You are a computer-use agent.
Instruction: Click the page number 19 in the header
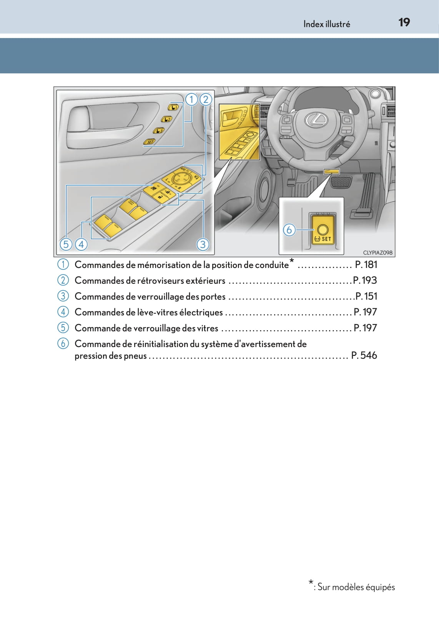tap(404, 23)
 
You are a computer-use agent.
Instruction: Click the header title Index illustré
tap(326, 24)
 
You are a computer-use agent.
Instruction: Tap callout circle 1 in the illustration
tap(191, 100)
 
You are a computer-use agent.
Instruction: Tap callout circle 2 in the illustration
tap(206, 100)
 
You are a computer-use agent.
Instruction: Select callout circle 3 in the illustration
tap(203, 244)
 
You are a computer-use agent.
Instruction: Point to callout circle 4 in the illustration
tap(81, 244)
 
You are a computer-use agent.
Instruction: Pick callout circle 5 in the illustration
tap(66, 244)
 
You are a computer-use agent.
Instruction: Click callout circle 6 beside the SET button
tap(289, 230)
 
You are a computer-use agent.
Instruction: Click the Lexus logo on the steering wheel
tap(316, 120)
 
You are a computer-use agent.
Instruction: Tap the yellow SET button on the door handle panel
tap(150, 142)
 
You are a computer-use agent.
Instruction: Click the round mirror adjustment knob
tap(181, 177)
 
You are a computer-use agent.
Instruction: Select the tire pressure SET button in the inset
tap(322, 231)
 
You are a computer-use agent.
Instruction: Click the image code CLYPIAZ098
tap(378, 253)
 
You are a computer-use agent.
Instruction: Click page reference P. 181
tap(366, 265)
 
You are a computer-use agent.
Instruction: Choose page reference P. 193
tap(365, 280)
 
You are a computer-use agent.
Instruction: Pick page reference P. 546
tap(364, 356)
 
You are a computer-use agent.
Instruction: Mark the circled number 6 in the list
tap(63, 343)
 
